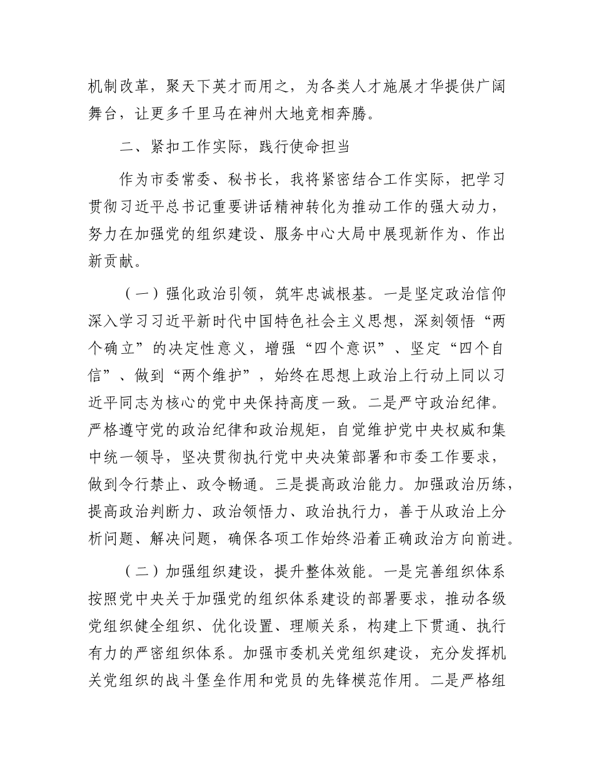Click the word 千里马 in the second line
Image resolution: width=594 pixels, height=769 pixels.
[x=226, y=114]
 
